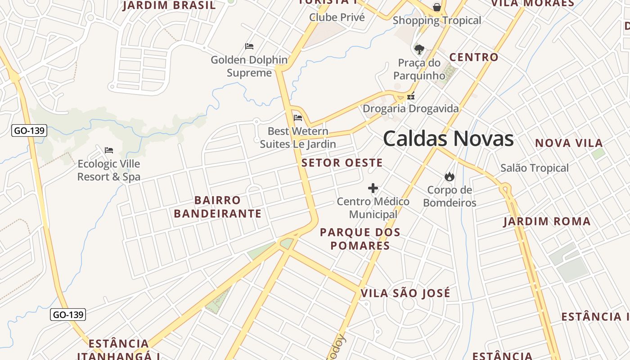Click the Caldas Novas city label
tap(448, 139)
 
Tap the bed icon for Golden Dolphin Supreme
tap(249, 46)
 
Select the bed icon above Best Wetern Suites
tap(298, 118)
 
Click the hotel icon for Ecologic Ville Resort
tap(109, 150)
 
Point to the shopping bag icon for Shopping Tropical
tap(436, 7)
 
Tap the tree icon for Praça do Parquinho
tap(419, 49)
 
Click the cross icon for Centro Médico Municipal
tap(373, 188)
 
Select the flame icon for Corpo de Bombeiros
tap(449, 176)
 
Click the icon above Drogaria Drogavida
tap(410, 96)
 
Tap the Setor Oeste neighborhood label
tap(342, 163)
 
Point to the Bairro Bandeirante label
tap(218, 207)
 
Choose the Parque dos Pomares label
tap(360, 239)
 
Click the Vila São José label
tap(405, 293)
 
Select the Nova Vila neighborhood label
tap(569, 144)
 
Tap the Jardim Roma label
tap(547, 221)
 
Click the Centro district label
tap(474, 58)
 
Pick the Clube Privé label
tap(337, 18)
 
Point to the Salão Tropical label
tap(535, 168)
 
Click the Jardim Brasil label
tap(169, 5)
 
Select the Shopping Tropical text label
tap(437, 20)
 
